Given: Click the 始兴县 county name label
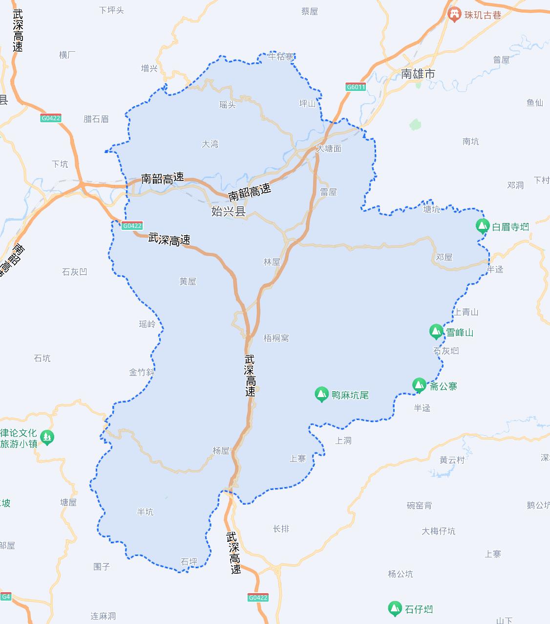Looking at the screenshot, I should (228, 212).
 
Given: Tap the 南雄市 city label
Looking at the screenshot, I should (418, 74).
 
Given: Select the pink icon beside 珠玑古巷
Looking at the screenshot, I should (454, 15).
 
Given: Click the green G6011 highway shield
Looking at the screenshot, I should (356, 87).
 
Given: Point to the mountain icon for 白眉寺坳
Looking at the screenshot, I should (483, 226).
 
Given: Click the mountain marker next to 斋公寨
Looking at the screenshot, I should (419, 385).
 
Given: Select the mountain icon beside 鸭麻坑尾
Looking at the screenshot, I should (321, 394).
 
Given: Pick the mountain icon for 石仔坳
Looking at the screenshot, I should (395, 608).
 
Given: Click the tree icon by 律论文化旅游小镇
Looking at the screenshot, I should (47, 437).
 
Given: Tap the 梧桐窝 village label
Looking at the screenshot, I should (276, 338).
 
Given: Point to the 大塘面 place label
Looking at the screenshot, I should (329, 148).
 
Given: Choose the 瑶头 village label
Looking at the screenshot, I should (228, 105).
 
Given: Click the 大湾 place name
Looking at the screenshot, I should (210, 144).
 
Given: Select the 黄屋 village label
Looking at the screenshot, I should (188, 281).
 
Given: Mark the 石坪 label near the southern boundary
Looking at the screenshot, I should (189, 562).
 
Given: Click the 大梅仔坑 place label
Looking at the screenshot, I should (438, 531).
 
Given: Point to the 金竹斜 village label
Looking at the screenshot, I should (142, 372).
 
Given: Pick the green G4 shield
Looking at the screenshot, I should (6, 597).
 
